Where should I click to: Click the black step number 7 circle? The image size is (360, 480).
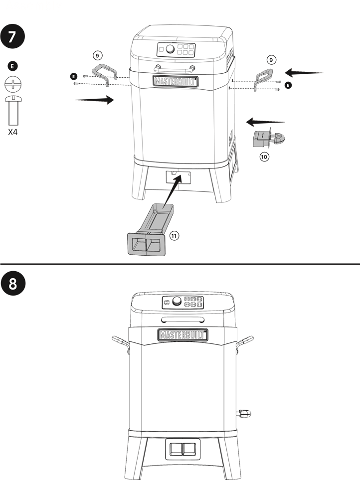[12, 36]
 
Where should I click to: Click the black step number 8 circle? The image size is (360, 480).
[13, 283]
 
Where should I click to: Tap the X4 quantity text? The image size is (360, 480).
[13, 132]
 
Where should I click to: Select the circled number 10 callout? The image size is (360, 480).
[264, 157]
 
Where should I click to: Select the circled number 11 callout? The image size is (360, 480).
[174, 236]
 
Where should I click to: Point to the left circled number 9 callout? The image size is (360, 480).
[97, 55]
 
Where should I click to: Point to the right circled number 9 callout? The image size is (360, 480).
[271, 60]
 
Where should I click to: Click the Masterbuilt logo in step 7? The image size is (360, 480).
[176, 81]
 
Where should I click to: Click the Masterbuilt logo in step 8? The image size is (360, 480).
[183, 335]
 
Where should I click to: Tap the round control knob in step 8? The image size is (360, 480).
[177, 301]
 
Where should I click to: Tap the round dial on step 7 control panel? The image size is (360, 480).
[170, 49]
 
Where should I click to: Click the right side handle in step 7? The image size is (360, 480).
[264, 79]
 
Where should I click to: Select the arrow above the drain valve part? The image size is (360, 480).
[265, 122]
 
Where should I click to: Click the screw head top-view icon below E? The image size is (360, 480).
[13, 84]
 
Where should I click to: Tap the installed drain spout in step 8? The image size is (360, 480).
[244, 414]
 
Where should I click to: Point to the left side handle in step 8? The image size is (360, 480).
[120, 343]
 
